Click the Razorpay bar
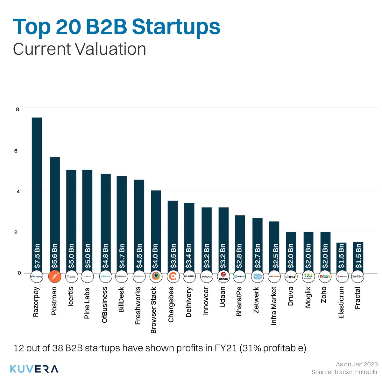pyautogui.click(x=37, y=191)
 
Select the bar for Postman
pyautogui.click(x=54, y=210)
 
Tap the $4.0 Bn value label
pyautogui.click(x=155, y=256)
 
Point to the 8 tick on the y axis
pyautogui.click(x=18, y=109)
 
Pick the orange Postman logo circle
pyautogui.click(x=54, y=277)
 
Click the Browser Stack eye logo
pyautogui.click(x=156, y=277)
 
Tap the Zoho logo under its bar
pyautogui.click(x=325, y=277)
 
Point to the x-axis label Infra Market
pyautogui.click(x=274, y=306)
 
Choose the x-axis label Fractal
pyautogui.click(x=358, y=298)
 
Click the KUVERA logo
pyautogui.click(x=34, y=369)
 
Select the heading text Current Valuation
pyautogui.click(x=79, y=49)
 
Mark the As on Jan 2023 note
pyautogui.click(x=357, y=364)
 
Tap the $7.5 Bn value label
pyautogui.click(x=37, y=256)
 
